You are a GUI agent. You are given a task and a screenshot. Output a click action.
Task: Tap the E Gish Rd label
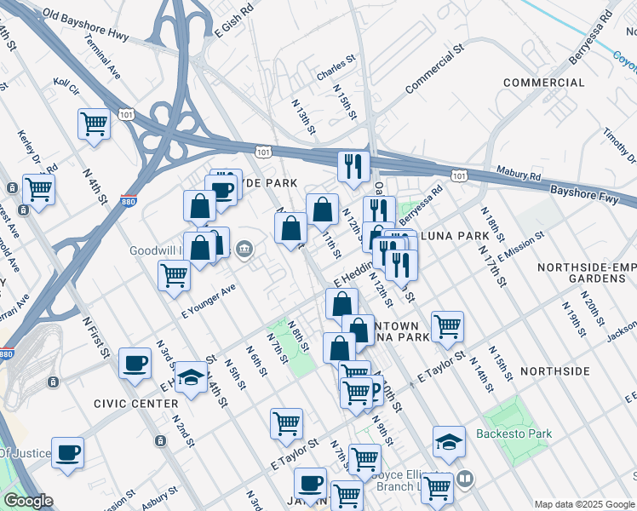click(235, 20)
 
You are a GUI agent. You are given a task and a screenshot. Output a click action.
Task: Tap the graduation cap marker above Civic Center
click(190, 376)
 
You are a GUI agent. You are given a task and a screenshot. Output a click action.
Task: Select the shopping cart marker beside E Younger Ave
click(174, 275)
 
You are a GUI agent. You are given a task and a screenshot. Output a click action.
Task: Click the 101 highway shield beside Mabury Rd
click(459, 175)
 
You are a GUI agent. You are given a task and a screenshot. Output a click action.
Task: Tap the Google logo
click(27, 501)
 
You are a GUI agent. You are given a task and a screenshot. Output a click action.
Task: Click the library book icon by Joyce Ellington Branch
click(462, 479)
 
